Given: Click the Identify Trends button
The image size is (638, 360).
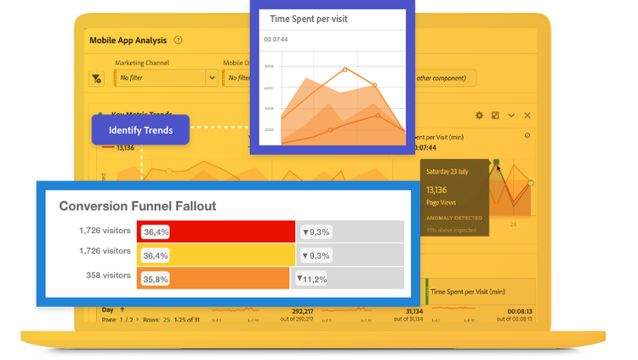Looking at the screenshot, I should [140, 130].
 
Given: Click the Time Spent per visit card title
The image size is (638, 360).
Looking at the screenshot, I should [308, 18].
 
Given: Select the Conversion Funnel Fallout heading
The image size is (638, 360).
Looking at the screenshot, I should [137, 206].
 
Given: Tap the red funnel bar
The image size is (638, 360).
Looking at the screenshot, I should [216, 231].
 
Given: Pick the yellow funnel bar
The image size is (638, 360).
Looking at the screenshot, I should [216, 254].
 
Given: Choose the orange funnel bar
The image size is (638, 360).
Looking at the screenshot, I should [213, 278].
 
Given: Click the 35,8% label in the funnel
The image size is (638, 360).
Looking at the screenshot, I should [156, 278].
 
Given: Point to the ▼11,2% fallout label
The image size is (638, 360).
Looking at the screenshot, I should [311, 278].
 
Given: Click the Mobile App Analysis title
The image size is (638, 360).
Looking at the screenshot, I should [127, 39].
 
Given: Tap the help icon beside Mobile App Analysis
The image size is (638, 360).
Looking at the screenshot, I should [178, 39].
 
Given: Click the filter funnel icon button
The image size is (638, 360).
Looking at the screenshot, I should [96, 77].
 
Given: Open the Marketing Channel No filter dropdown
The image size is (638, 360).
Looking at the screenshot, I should [166, 77].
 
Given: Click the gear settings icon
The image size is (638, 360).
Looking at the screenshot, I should [479, 115].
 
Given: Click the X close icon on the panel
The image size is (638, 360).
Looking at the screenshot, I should [527, 115].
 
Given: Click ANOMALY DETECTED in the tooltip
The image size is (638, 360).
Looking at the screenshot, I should [454, 218].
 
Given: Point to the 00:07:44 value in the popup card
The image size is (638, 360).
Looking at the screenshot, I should [275, 39].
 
